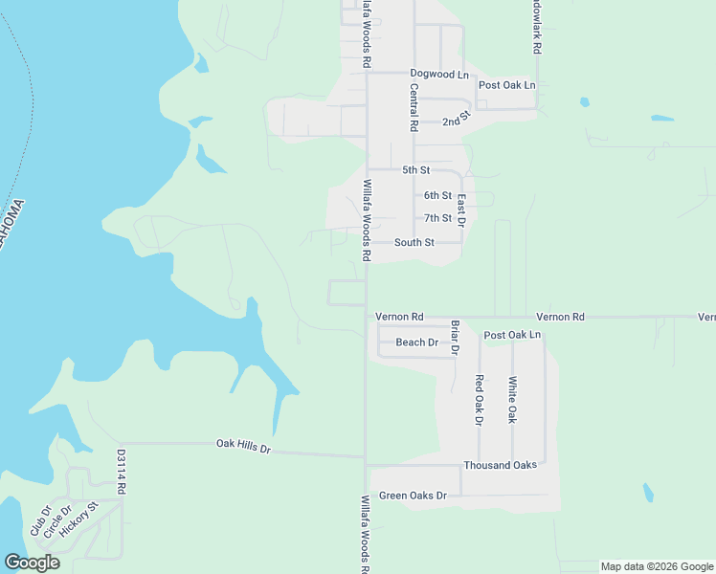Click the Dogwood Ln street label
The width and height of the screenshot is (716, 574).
[x=439, y=74]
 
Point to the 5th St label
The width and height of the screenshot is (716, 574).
[x=416, y=170]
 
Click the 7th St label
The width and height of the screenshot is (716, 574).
[x=437, y=218]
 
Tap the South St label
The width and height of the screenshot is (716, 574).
[x=414, y=243]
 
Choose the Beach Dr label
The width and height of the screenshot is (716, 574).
[x=416, y=342]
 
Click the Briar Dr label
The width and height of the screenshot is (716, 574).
[x=455, y=337]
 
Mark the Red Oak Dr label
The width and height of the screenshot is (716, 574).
[x=480, y=399]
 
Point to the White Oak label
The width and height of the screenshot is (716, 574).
[x=513, y=400]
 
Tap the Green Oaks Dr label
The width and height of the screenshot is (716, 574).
[x=413, y=496]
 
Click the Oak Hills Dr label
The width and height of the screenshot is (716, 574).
[x=244, y=446]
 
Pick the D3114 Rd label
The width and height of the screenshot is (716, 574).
[x=122, y=471]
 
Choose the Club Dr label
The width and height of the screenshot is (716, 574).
[x=38, y=520]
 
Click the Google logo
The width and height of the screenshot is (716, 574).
[x=32, y=563]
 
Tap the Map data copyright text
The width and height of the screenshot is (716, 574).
[x=656, y=566]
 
